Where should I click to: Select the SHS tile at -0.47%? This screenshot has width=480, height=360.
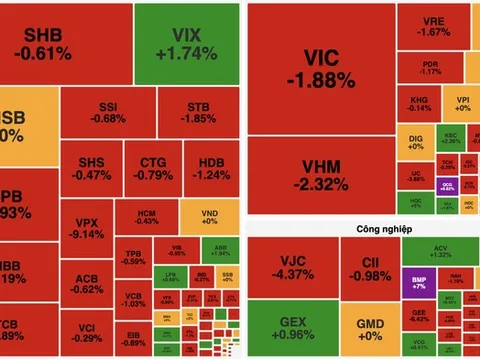click(x=92, y=168)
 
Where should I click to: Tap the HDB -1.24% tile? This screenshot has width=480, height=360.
click(x=211, y=168)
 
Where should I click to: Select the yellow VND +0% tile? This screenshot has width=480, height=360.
click(x=209, y=218)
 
